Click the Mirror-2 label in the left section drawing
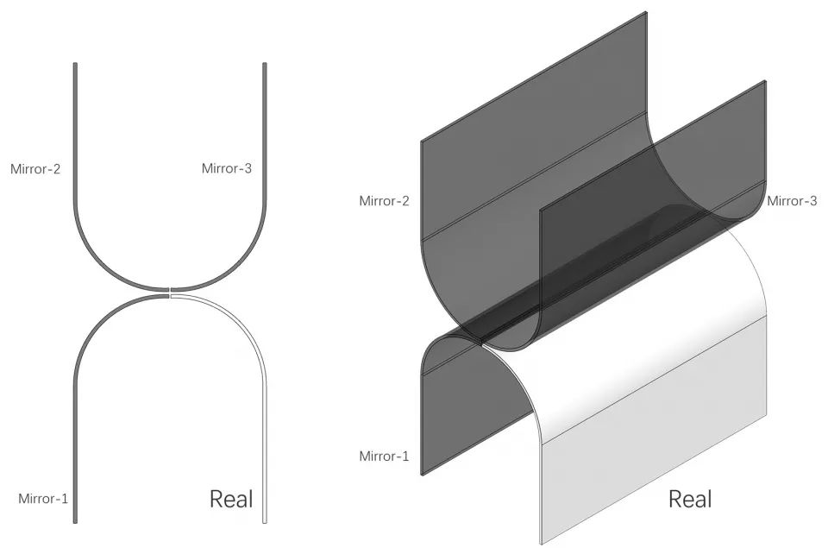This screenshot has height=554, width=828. (x=35, y=169)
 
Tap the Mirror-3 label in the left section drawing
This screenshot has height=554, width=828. (x=227, y=168)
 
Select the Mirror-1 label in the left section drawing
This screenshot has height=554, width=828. (x=43, y=499)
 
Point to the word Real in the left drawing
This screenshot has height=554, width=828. (x=231, y=499)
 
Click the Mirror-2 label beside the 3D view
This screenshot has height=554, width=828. (x=384, y=201)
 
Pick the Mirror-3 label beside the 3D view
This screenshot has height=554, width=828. (x=792, y=201)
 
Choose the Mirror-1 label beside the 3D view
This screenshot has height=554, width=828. (x=384, y=456)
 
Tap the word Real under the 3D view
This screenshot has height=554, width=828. (x=690, y=499)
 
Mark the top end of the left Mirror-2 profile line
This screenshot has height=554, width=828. (x=75, y=63)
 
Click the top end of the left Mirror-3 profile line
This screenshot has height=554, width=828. (x=265, y=63)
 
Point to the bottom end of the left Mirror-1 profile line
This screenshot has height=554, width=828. (x=75, y=522)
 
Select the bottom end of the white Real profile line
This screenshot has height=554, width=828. (x=265, y=522)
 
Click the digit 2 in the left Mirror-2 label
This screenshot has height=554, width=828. (x=57, y=169)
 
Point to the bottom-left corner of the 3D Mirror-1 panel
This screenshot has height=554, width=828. (x=422, y=475)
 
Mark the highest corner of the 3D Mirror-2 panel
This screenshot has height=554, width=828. (x=646, y=11)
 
